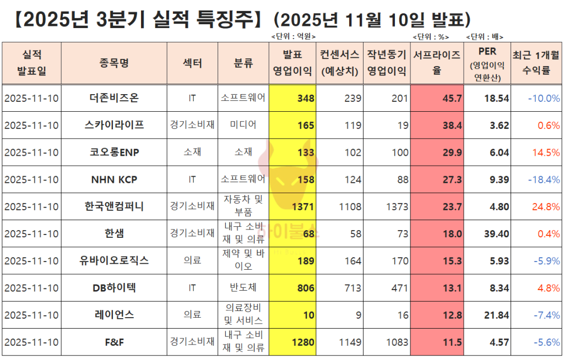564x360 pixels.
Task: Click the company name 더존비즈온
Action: click(114, 99)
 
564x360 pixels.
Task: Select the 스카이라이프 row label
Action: click(114, 126)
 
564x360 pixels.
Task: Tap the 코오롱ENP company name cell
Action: click(114, 152)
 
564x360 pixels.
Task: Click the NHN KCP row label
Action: click(114, 179)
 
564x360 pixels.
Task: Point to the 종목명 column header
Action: click(114, 63)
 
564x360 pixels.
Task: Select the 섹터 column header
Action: click(192, 63)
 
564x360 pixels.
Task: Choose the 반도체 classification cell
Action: click(243, 288)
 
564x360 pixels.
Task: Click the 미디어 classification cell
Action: click(243, 126)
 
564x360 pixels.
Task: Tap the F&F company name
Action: click(114, 342)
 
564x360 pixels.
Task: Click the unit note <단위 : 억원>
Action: click(294, 37)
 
